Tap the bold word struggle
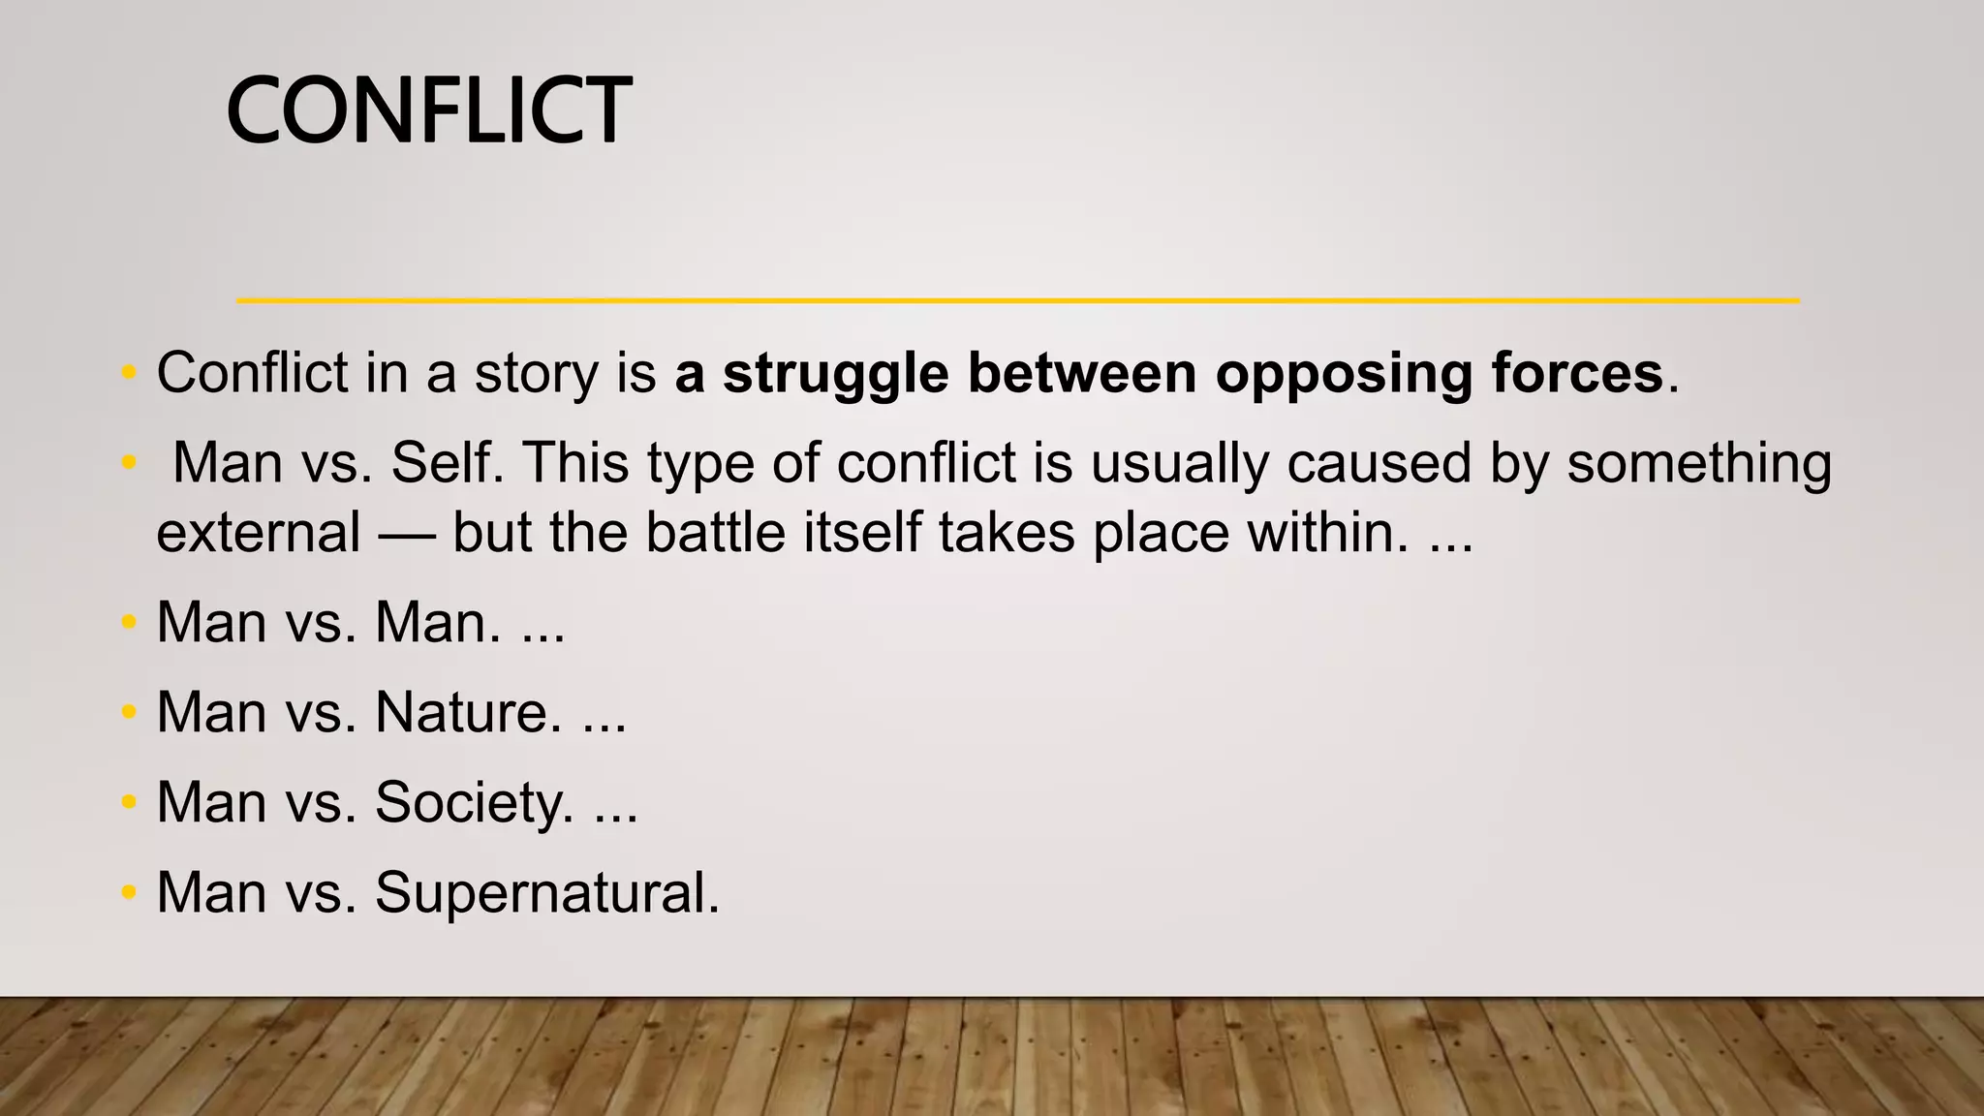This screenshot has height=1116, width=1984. pos(835,374)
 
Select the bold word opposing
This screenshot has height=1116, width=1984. pos(1344,374)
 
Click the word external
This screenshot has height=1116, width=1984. pos(259,533)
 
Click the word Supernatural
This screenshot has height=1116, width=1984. pos(547,892)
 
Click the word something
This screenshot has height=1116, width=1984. pos(1699,463)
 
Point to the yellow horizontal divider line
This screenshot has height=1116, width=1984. pos(1017,301)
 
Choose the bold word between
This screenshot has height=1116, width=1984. pos(1081,374)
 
